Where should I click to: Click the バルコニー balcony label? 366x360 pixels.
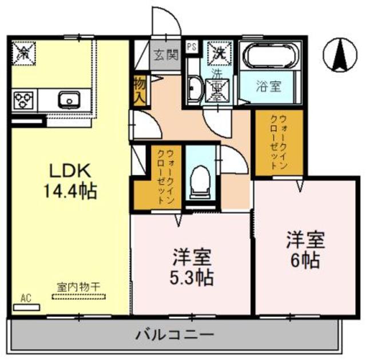click(x=175, y=334)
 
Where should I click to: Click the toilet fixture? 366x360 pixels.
click(x=201, y=177)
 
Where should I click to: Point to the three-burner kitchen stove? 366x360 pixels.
click(x=23, y=100)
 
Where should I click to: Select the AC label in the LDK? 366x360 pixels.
click(x=25, y=298)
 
